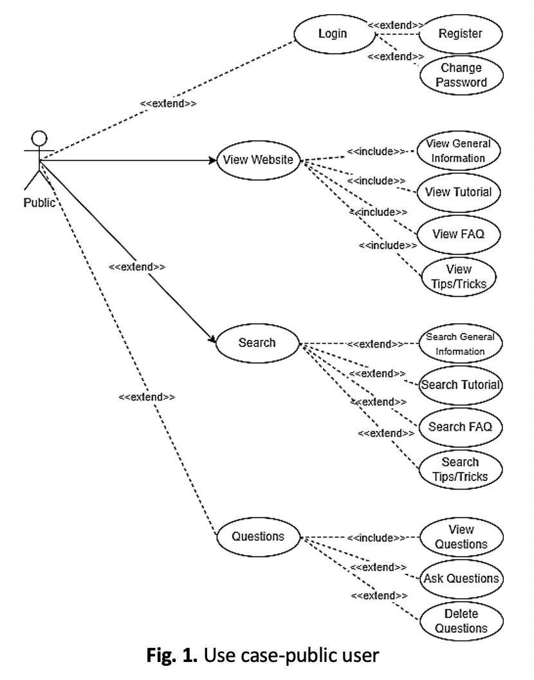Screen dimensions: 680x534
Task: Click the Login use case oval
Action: (333, 33)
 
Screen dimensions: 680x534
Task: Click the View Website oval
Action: (257, 160)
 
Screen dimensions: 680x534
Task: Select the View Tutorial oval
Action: (459, 192)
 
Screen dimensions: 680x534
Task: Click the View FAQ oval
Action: (458, 233)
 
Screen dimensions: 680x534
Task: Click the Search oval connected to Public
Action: (257, 343)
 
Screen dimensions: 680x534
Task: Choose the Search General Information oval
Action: (459, 345)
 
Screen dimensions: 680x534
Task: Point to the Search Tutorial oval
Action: (460, 385)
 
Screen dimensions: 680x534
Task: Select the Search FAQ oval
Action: (460, 426)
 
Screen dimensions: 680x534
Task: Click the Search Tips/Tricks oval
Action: (460, 469)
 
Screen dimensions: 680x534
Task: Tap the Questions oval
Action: (258, 536)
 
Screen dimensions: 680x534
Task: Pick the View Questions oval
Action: (461, 536)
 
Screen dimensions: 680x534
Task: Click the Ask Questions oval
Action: (461, 578)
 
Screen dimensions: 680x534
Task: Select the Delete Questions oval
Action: (461, 621)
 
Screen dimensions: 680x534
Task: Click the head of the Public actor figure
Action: (40, 138)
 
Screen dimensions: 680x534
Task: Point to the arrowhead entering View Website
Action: (213, 160)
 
